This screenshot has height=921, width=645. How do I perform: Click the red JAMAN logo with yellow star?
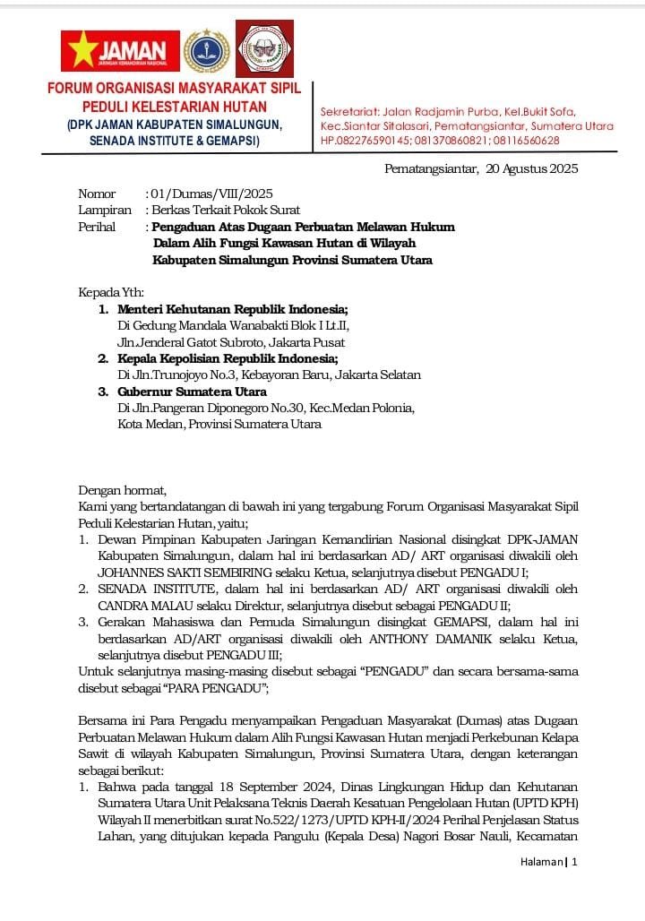119,51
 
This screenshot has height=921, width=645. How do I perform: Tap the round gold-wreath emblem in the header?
206,51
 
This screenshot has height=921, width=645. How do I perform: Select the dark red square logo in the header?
264,48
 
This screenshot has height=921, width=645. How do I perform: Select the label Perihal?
97,227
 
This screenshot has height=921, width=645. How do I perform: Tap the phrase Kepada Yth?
111,292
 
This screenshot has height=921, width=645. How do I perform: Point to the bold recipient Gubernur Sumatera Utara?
192,392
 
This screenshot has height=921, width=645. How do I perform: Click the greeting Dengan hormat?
123,489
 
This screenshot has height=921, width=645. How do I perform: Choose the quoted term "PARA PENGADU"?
208,688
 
